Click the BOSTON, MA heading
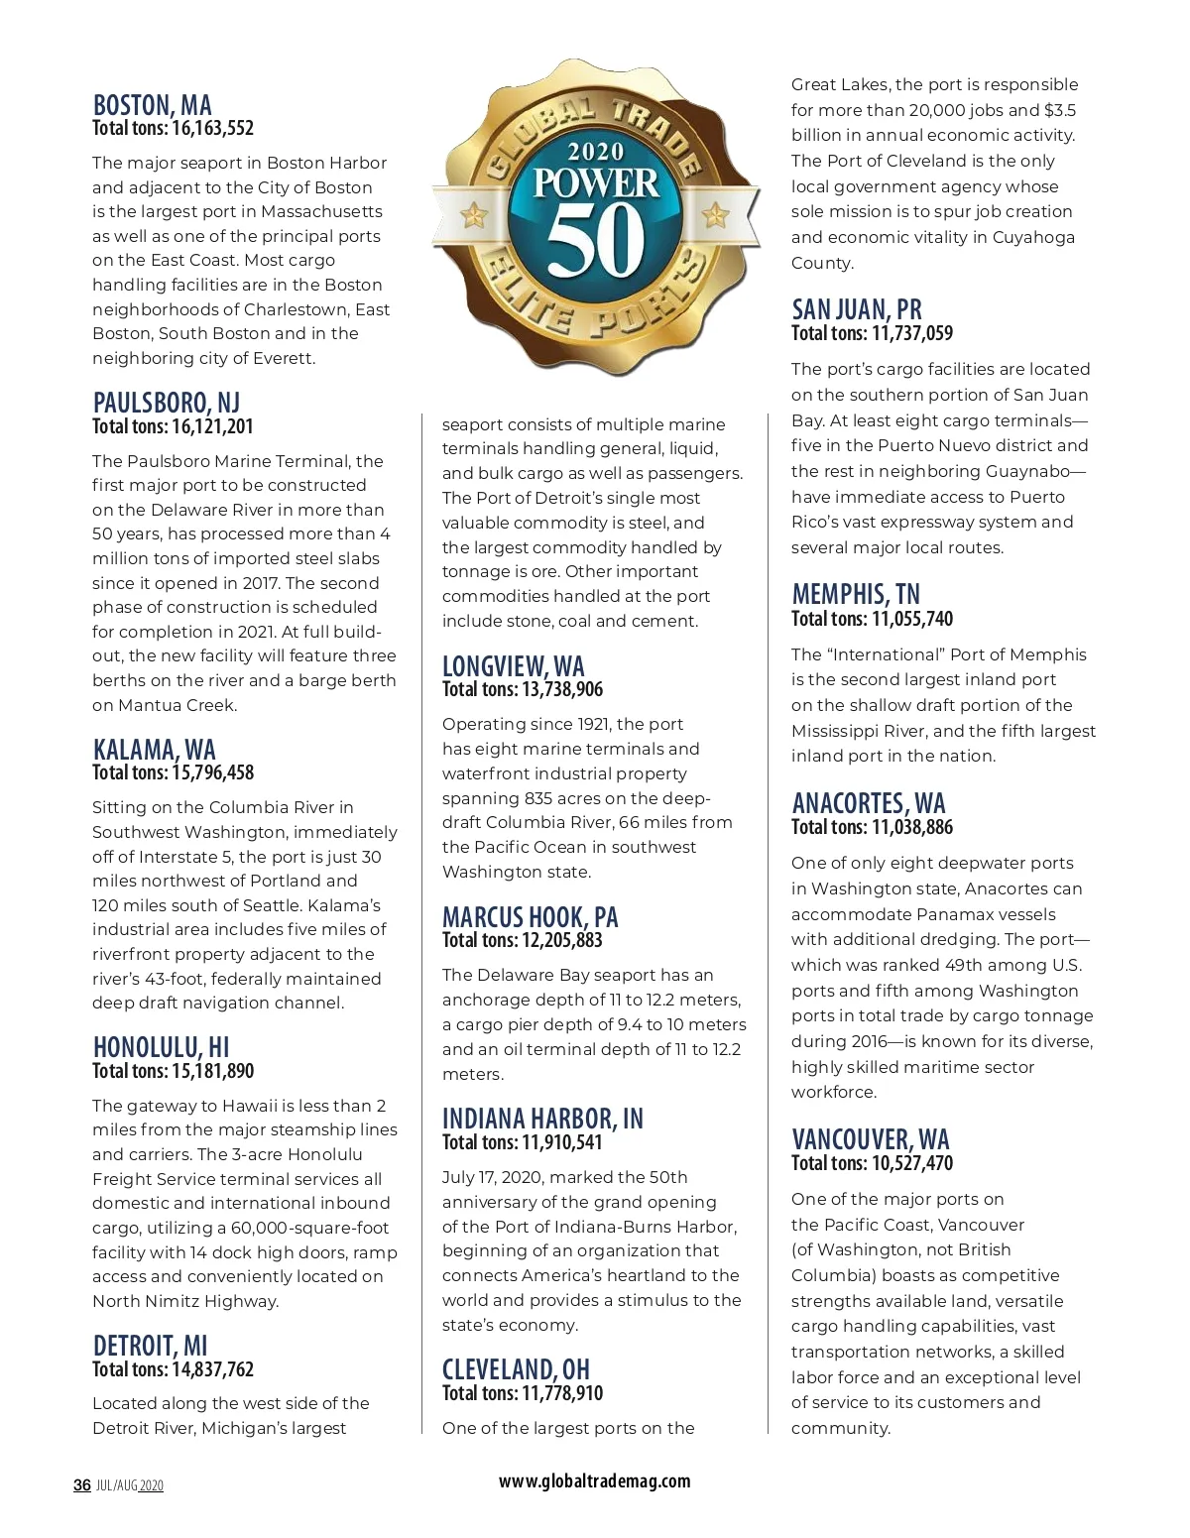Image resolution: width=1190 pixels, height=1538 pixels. pos(152,105)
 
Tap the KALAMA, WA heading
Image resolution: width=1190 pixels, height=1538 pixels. pos(154,749)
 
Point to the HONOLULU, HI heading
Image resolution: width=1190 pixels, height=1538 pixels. pos(161,1047)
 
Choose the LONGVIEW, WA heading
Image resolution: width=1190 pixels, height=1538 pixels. pos(513,665)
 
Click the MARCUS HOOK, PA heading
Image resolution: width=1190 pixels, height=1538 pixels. pos(530,916)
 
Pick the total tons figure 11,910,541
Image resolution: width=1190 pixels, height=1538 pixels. pos(561,1142)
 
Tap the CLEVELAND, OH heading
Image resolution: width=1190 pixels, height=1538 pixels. pos(516,1369)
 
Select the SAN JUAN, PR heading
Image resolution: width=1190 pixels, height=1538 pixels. pos(857,309)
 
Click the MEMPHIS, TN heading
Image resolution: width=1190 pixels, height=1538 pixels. pos(856,594)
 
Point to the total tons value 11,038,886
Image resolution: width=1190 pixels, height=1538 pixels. pos(911,827)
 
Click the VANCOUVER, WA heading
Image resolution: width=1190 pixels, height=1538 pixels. pos(870,1138)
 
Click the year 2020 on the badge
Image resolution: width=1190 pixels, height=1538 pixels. pos(595,152)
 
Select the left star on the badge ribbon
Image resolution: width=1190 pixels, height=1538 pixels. pos(475,214)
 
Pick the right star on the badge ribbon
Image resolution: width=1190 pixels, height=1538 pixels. pos(715,214)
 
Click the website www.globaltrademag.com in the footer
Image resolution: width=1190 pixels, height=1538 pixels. pos(594,1480)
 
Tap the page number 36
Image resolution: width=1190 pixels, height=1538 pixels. pos(82,1484)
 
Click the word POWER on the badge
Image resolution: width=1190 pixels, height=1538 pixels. pos(596,183)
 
